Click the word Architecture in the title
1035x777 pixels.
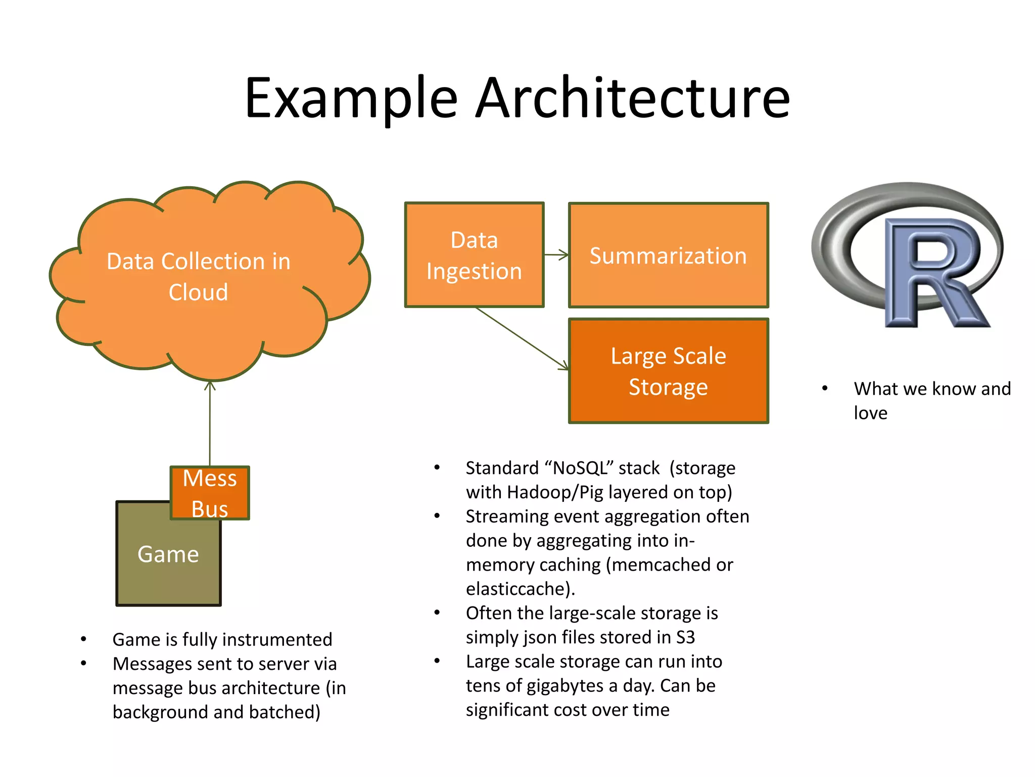[x=633, y=99]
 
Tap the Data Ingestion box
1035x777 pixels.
[x=474, y=255]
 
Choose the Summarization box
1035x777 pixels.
[x=668, y=255]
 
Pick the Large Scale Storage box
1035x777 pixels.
[x=668, y=371]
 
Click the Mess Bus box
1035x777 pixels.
[x=210, y=493]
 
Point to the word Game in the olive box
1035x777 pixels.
[x=168, y=554]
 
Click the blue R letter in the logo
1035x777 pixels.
[x=935, y=273]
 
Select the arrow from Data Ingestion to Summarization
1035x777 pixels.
[x=556, y=255]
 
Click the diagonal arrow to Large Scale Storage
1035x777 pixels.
[x=521, y=337]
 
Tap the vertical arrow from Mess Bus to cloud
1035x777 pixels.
[x=210, y=425]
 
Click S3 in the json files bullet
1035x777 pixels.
[x=685, y=637]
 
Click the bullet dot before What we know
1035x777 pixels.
[x=825, y=388]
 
